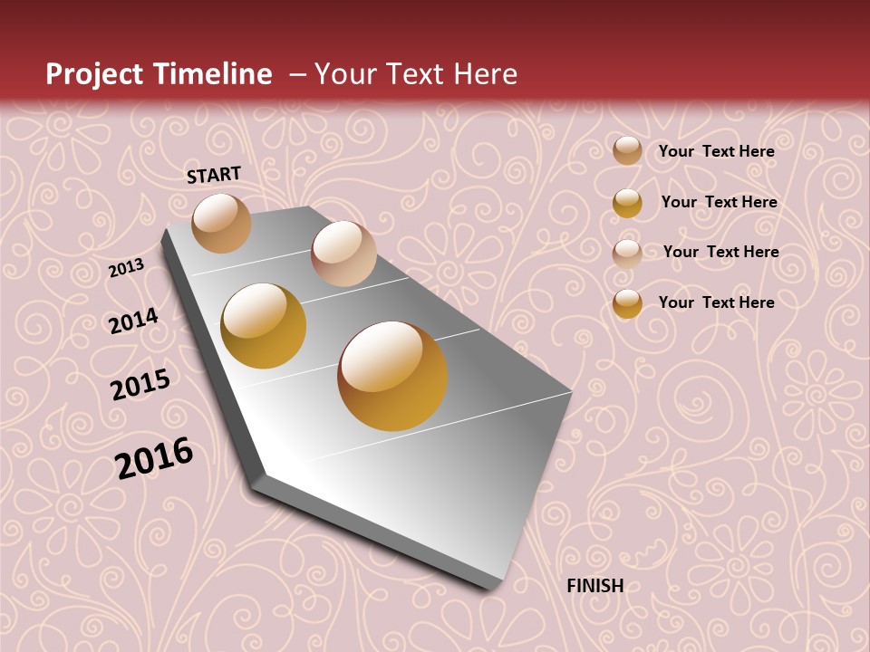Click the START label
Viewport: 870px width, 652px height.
coord(214,175)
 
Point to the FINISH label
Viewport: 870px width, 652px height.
coord(595,586)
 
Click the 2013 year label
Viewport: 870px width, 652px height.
coord(126,268)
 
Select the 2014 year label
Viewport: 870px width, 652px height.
coord(133,321)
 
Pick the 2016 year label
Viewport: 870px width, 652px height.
coord(154,457)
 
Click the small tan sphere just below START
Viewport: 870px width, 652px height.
coord(221,223)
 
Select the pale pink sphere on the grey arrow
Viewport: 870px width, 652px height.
coord(343,254)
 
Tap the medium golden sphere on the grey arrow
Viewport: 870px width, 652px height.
coord(264,326)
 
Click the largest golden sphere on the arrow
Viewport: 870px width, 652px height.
coord(392,376)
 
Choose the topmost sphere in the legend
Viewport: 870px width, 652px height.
coord(627,151)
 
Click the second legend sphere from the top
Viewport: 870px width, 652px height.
coord(627,203)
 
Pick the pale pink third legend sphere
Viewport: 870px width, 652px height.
coord(627,253)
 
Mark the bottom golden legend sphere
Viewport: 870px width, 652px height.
coord(627,303)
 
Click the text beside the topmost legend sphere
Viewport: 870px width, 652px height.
coord(716,151)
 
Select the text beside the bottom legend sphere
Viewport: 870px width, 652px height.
coord(716,302)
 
